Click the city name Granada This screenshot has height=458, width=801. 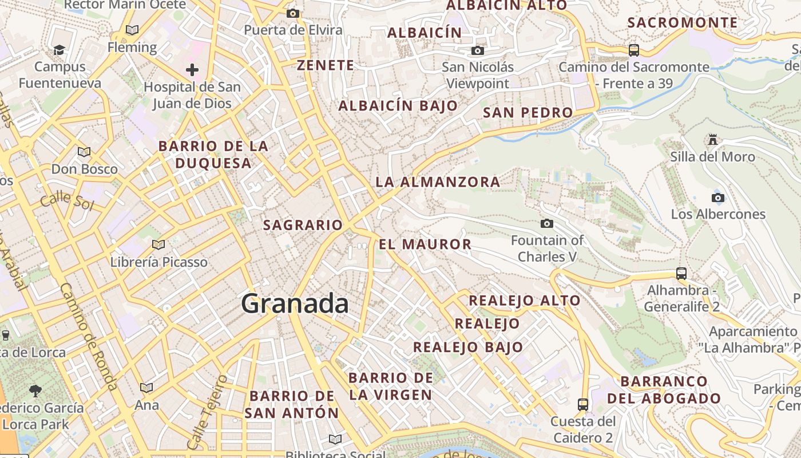point(295,303)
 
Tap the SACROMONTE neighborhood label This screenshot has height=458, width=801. point(683,23)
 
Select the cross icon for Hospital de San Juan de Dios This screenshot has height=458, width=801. point(192,70)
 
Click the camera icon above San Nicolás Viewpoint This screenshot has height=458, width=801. point(478,51)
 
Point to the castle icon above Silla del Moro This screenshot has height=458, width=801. point(712,139)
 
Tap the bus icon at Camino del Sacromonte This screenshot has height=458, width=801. point(634,50)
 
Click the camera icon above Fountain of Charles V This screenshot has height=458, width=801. point(547,223)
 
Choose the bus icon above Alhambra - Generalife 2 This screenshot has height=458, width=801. point(681,274)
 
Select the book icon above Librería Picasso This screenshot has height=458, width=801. point(158,245)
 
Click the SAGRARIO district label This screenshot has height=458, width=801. point(303,225)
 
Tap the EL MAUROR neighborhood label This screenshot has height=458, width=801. point(425,244)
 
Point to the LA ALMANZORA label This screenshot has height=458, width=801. point(438,182)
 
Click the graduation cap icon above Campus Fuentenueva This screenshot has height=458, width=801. point(59,50)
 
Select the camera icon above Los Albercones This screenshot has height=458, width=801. point(718,198)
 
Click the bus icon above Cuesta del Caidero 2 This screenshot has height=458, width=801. point(582,405)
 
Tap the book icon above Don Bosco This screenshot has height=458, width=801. point(84,152)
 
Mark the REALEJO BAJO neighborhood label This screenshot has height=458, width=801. point(468,347)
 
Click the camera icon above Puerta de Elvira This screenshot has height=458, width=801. point(293,13)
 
